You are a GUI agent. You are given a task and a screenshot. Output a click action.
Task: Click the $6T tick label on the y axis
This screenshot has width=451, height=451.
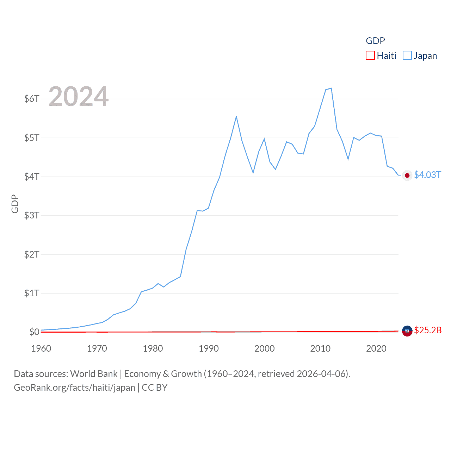[32, 99]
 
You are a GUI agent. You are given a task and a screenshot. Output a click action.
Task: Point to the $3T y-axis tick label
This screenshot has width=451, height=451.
[32, 215]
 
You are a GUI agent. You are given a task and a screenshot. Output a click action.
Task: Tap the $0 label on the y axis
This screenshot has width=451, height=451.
[34, 332]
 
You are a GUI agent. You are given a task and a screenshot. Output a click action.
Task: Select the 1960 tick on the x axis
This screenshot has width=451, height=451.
[41, 348]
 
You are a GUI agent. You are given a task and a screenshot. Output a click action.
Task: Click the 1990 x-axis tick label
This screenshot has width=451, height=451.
[209, 348]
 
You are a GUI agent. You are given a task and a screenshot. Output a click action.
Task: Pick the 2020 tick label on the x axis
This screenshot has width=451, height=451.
[376, 348]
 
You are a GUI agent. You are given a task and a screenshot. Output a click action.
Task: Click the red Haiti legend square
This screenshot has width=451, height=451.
[370, 56]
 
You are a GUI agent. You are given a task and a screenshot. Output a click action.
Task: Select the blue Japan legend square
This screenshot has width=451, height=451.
[407, 56]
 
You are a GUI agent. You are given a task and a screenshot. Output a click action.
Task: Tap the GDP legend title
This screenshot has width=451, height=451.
[375, 41]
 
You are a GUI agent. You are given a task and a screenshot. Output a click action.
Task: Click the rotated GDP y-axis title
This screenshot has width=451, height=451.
[15, 204]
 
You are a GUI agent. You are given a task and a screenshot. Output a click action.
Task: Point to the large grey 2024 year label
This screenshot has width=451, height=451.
[78, 97]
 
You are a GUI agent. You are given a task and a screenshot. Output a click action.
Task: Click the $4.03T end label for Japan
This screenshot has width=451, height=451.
[427, 175]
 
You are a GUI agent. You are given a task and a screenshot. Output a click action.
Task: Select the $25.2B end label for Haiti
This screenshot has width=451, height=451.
[428, 330]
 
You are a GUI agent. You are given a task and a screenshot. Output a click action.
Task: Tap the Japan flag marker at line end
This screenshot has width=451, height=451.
[407, 175]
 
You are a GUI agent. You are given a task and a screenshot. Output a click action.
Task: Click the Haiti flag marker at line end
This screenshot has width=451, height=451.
[407, 331]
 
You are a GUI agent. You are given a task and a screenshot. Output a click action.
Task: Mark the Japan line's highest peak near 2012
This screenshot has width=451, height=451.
[331, 88]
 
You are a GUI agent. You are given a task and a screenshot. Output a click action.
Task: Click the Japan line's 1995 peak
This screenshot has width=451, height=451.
[236, 117]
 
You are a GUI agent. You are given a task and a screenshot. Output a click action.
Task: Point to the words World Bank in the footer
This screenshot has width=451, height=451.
[94, 374]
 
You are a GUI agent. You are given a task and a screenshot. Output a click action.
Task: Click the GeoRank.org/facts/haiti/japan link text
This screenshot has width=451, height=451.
[74, 388]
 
